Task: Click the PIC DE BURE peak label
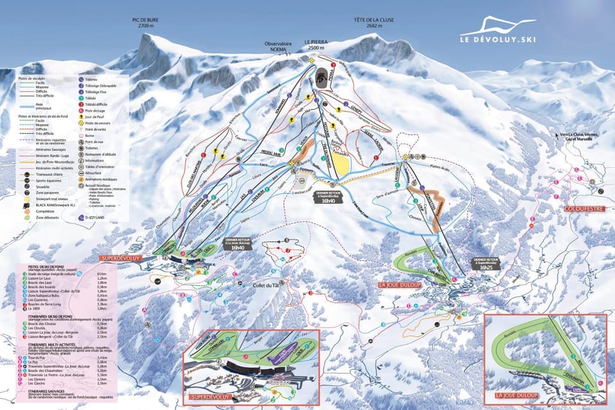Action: point(145,23)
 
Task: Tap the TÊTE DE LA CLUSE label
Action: point(373,23)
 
